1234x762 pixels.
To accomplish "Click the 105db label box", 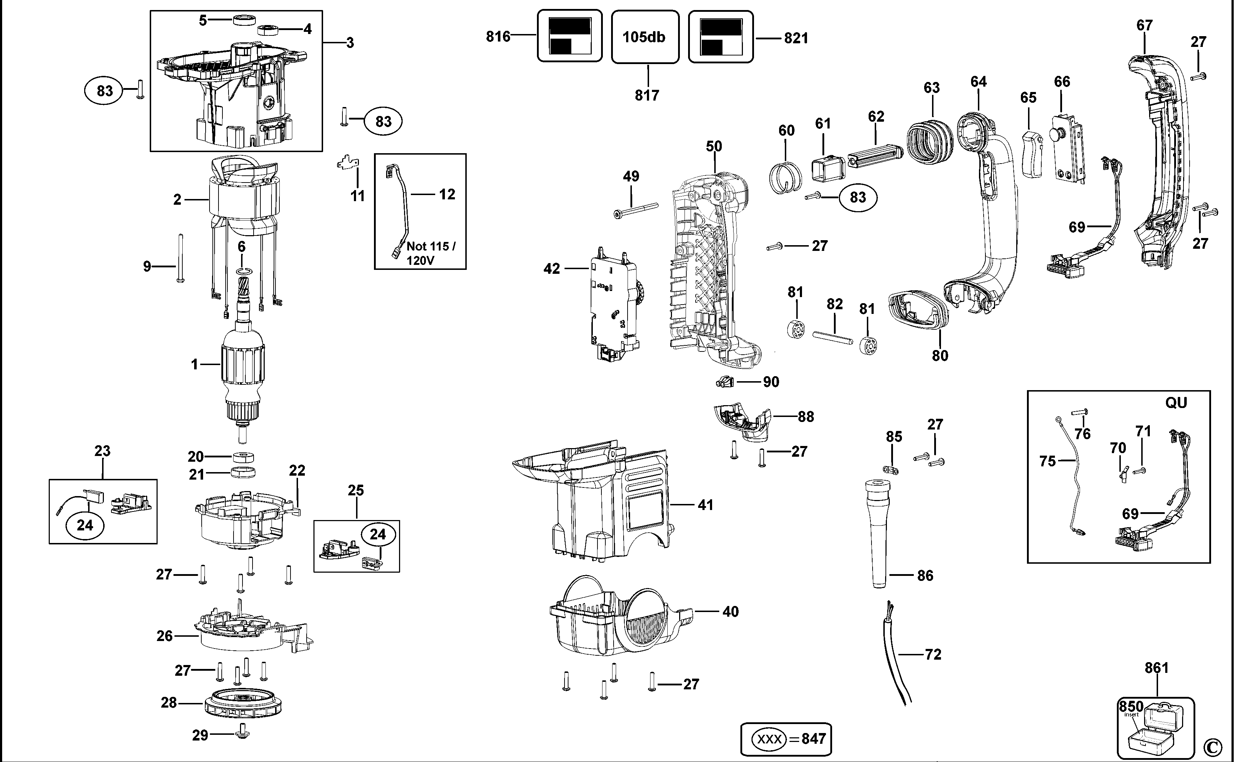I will point(644,37).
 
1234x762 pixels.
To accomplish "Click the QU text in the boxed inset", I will point(1176,403).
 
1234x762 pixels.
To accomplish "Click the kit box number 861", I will point(1156,668).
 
